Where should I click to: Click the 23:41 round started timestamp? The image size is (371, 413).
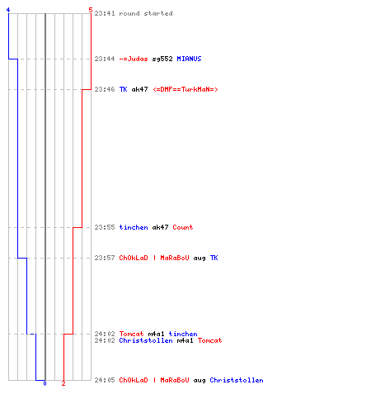[105, 13]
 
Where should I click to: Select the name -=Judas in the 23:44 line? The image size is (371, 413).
[134, 59]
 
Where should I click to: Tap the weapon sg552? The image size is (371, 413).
[162, 59]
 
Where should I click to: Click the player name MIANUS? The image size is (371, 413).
[189, 59]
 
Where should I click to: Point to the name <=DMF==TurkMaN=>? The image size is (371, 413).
[185, 89]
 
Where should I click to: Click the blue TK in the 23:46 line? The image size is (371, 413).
[123, 89]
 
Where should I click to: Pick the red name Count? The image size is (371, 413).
[183, 227]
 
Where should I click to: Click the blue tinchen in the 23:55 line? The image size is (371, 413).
[134, 227]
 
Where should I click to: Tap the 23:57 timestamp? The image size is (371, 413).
[105, 258]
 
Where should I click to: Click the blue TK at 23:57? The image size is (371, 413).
[214, 258]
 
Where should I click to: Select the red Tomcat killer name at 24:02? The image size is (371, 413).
[131, 334]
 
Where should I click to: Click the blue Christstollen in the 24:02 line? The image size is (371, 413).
[146, 340]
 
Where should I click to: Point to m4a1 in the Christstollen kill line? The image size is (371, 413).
[185, 340]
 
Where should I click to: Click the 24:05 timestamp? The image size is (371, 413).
[105, 380]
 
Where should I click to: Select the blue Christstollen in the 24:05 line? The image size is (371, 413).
[237, 380]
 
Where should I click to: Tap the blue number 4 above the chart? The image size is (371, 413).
[8, 10]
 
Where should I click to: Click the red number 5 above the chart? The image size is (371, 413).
[91, 10]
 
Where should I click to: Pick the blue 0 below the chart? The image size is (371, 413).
[45, 383]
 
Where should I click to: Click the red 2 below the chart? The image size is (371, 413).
[63, 383]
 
